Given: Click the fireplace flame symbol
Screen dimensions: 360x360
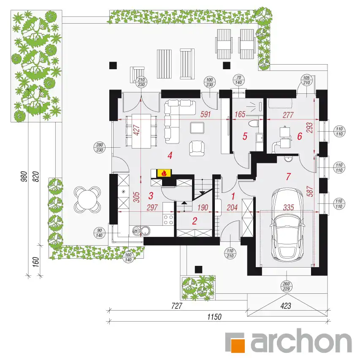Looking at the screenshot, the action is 164,173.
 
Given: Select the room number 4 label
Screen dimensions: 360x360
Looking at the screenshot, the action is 170,156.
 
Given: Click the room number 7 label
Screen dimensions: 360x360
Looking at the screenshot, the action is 288,176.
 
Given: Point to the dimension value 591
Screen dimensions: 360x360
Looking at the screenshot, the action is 205,114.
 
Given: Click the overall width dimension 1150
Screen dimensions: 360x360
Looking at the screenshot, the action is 214,317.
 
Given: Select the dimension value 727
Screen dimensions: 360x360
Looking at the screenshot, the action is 177,306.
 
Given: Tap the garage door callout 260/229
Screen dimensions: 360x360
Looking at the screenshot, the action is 286,286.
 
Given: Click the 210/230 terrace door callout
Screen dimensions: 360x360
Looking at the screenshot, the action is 141,82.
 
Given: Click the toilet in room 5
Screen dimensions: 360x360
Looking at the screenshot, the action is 254,124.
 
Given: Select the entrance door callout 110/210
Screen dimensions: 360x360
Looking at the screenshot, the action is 230,254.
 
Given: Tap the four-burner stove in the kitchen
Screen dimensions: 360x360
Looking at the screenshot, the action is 168,219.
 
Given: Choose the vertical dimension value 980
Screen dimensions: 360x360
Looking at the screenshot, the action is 24,176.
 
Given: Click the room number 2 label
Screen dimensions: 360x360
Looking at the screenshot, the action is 195,221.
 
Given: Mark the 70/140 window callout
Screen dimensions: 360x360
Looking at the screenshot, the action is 239,80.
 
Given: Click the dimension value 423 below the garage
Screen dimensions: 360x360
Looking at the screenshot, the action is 286,306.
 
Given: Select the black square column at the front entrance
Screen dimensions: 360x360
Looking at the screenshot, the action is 199,270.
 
